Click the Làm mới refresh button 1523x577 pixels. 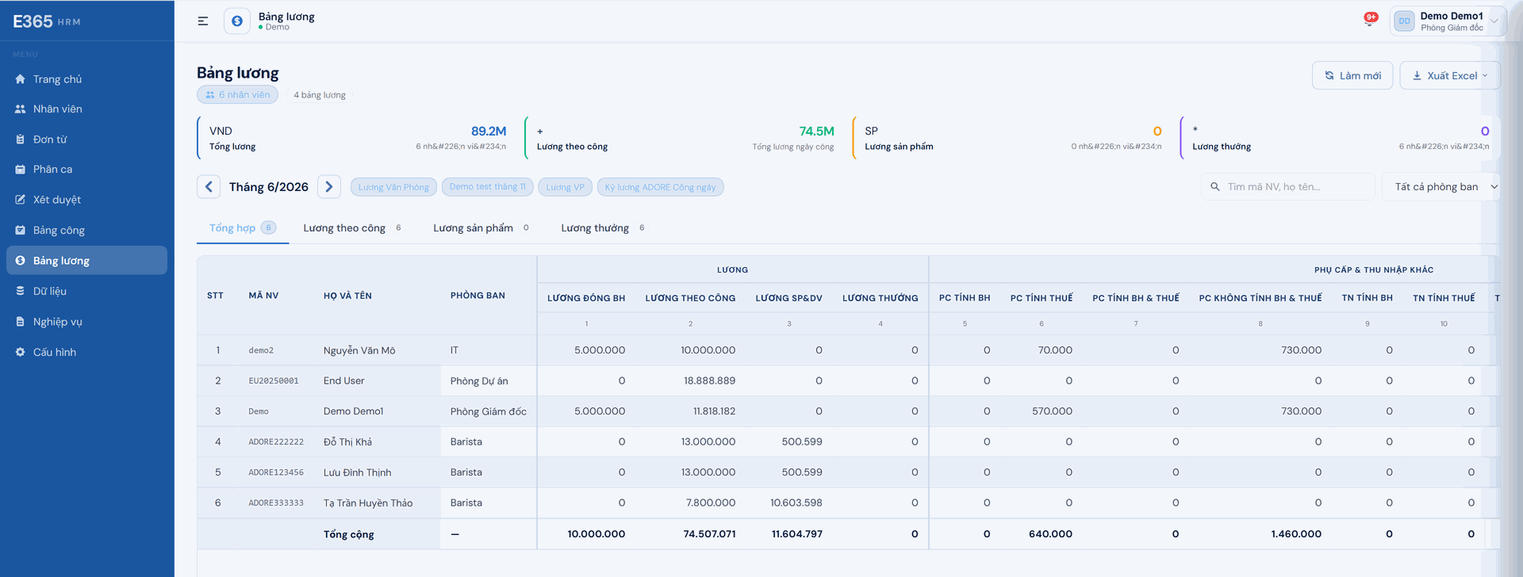tap(1352, 75)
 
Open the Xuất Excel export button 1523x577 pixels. tap(1449, 75)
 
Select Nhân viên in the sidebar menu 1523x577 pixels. tap(57, 109)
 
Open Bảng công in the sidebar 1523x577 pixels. tap(59, 231)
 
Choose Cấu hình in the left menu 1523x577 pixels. tap(55, 353)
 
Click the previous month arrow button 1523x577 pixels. tap(209, 187)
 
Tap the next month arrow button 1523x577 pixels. tap(329, 187)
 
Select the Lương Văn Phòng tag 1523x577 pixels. tap(393, 187)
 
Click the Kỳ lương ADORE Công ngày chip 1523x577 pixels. tap(660, 187)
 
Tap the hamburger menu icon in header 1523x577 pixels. tap(203, 21)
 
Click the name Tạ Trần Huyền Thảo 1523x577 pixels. tap(368, 503)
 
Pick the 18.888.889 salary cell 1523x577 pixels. tap(709, 381)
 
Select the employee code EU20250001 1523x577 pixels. tap(274, 381)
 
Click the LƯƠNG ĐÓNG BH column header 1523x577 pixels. tap(586, 298)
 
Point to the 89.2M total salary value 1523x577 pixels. tap(489, 132)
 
